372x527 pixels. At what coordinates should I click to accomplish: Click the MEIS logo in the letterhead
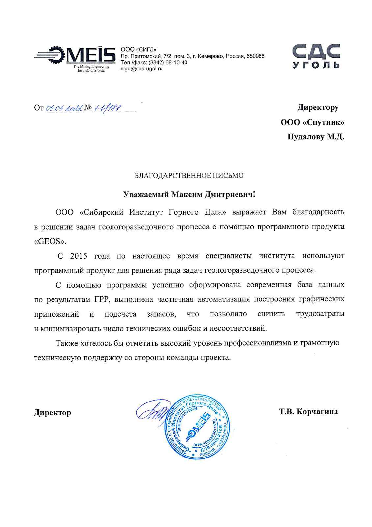pos(75,58)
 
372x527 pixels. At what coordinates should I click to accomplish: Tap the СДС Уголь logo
pos(316,56)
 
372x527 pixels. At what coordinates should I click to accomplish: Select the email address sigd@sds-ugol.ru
pos(142,69)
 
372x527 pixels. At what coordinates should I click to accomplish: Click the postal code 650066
pos(256,56)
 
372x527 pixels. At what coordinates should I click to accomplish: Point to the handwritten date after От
pos(64,108)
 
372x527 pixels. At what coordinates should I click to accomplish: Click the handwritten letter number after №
pos(108,108)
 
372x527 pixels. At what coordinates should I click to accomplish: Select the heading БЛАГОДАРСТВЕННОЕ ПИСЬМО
pos(189,175)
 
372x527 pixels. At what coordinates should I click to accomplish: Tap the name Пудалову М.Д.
pos(316,137)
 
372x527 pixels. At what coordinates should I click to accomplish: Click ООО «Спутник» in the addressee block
pos(312,122)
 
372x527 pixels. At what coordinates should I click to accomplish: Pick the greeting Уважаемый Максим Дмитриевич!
pos(189,194)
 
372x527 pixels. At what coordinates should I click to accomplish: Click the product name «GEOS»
pos(50,241)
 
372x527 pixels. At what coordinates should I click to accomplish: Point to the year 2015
pos(79,256)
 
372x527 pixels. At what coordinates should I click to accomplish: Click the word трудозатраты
pos(320,314)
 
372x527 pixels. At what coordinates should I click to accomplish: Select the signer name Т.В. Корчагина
pos(308,411)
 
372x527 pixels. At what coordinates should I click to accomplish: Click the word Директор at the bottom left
pos(52,413)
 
